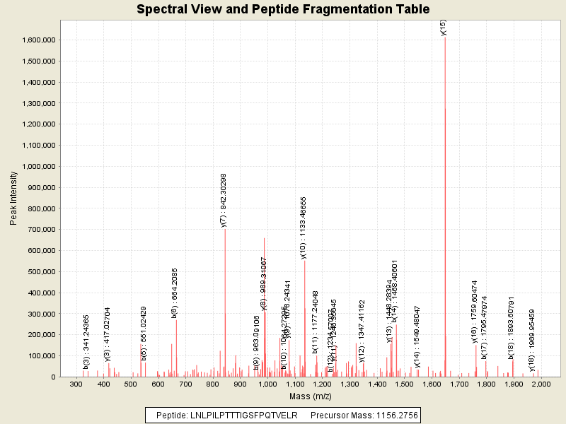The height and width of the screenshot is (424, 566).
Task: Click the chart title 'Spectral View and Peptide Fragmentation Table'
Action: click(x=282, y=10)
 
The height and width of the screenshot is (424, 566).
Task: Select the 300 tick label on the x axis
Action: click(x=76, y=384)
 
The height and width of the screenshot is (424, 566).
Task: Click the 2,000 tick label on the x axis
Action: click(x=541, y=384)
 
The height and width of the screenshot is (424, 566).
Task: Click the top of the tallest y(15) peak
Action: click(x=445, y=37)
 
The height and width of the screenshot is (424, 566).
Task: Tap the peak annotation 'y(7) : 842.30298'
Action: click(x=224, y=200)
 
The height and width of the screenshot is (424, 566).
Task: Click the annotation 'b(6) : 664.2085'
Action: click(x=174, y=293)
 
